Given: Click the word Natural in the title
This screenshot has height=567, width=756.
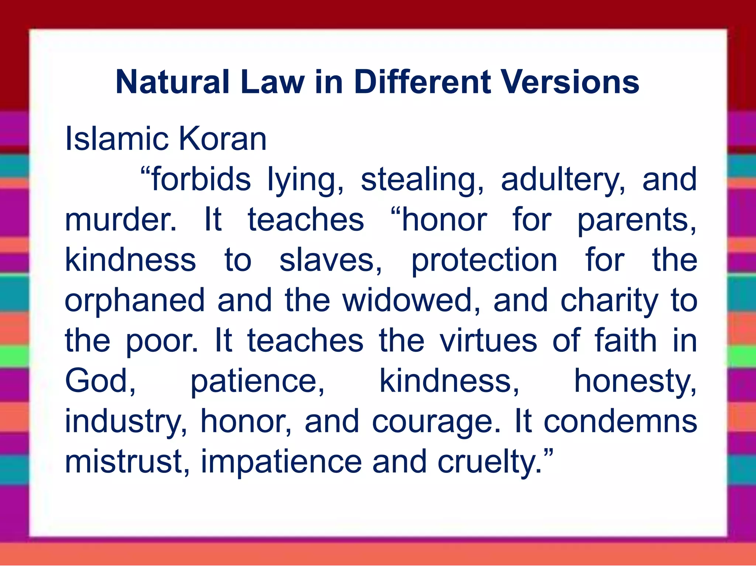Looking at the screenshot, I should click(173, 82).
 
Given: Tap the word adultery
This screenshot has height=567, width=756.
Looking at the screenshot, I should click(563, 180).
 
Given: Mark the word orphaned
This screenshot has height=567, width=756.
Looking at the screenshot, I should click(135, 301).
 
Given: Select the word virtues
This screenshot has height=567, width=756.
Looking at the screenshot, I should click(488, 341).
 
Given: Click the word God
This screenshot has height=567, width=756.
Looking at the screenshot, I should click(100, 381).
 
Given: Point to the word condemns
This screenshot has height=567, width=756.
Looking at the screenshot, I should click(620, 421).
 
